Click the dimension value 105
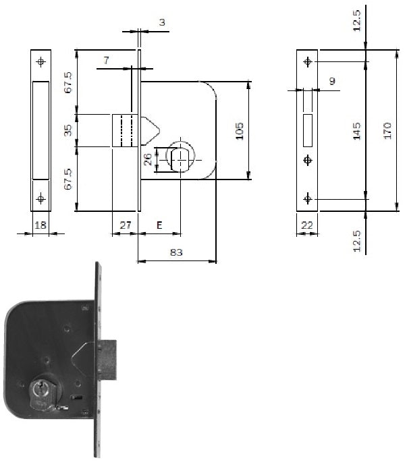coord(240,131)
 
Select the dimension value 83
coord(176,252)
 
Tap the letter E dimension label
coord(159,225)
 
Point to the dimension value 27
coord(126,225)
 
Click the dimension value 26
coord(148,159)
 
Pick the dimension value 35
coord(68,130)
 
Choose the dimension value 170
coord(387,130)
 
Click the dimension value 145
coord(357,131)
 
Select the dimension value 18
coord(40,225)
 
